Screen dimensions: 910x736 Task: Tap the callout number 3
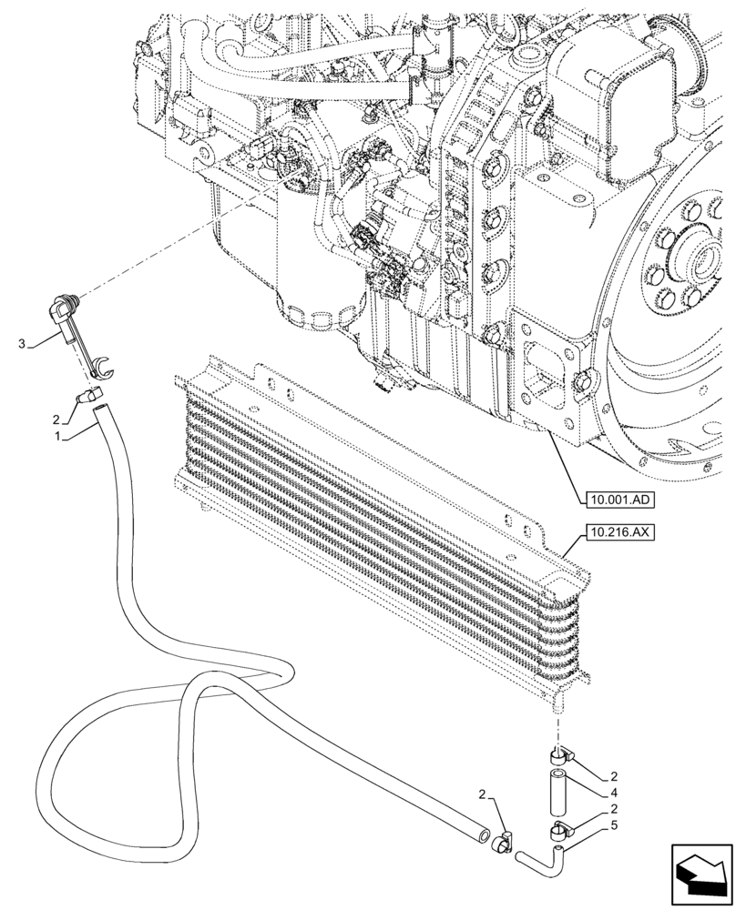point(22,343)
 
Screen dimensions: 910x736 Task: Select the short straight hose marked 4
point(558,789)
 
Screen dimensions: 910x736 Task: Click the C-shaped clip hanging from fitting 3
point(100,366)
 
